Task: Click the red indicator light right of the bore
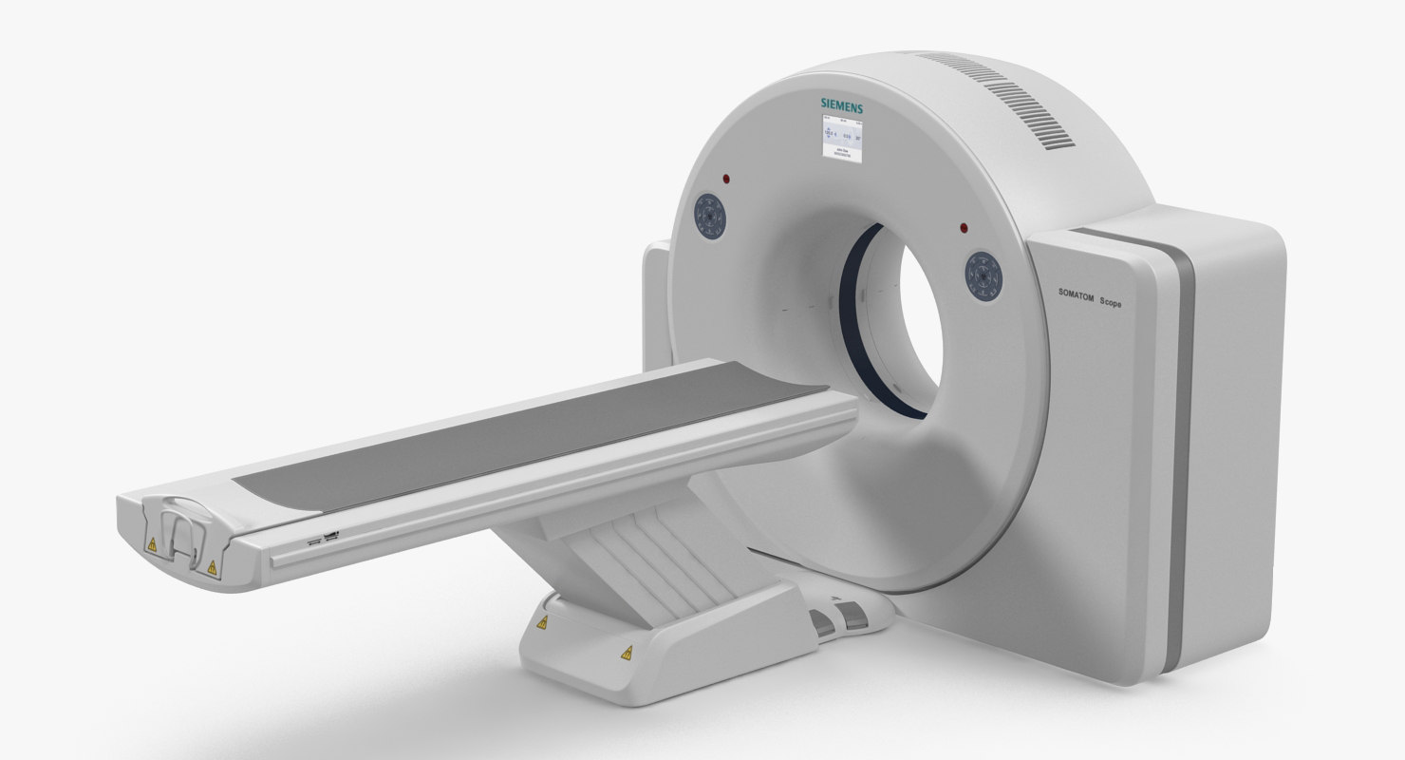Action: click(964, 228)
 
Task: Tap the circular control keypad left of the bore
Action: click(710, 218)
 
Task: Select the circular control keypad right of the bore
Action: click(984, 275)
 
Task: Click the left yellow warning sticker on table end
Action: click(150, 544)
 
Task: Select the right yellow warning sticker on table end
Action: click(211, 568)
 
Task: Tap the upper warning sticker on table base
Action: click(542, 623)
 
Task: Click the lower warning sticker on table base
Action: click(627, 653)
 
